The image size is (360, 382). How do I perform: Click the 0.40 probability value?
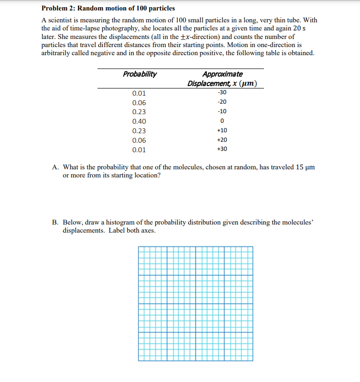point(139,121)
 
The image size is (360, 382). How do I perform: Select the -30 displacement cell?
point(222,93)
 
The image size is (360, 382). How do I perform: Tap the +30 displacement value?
point(222,149)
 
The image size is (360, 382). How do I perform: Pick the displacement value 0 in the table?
point(222,121)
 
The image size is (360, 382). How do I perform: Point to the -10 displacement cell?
point(222,112)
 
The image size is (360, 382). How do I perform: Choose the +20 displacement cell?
point(222,140)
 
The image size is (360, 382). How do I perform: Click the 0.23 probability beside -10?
point(139,112)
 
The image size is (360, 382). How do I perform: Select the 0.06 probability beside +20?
point(139,140)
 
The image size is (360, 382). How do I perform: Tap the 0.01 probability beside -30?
point(139,93)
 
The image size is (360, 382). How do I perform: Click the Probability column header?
point(140,74)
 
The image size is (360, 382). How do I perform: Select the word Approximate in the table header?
point(222,74)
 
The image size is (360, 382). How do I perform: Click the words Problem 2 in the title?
point(58,9)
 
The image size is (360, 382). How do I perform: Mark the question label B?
point(56,222)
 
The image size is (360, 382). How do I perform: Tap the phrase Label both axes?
point(133,230)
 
